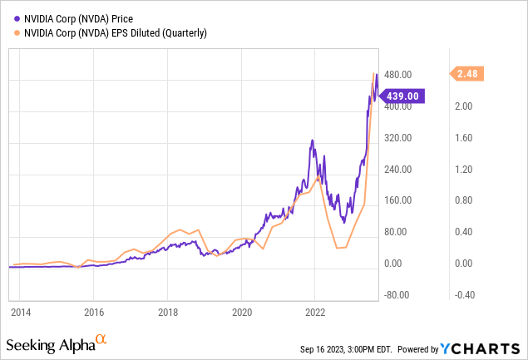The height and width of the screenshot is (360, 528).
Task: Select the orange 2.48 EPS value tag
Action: coord(469,74)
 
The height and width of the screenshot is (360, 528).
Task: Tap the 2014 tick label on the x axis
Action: coord(20,313)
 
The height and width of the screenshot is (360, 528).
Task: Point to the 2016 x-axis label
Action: coord(93,313)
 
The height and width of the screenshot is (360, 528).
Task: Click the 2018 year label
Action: coord(167,313)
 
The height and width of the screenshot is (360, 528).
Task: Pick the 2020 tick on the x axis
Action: coord(241,313)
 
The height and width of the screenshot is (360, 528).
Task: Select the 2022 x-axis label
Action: coord(315,313)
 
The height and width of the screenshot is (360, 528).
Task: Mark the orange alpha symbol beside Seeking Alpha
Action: coord(101,339)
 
